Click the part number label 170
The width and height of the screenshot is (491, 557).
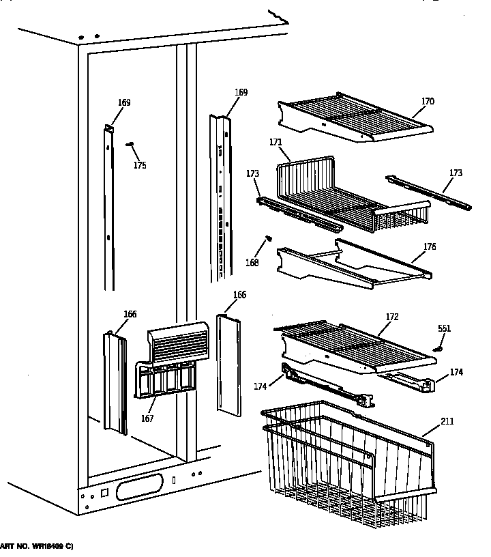pos(428,102)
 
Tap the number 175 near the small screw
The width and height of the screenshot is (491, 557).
pos(139,165)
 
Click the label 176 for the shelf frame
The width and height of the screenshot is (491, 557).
pos(430,246)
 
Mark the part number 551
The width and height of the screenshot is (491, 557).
pos(444,328)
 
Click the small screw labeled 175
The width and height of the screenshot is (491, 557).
pos(129,145)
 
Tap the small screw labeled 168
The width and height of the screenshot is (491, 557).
pos(269,238)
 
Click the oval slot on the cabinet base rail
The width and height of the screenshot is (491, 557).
pos(139,489)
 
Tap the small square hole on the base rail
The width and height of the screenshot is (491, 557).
pos(104,491)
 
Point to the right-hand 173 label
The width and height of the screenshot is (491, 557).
pos(456,173)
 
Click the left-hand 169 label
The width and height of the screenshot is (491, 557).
pos(123,103)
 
